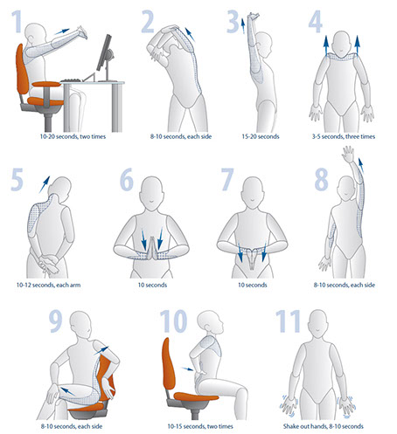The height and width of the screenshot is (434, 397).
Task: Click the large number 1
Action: [x=17, y=21]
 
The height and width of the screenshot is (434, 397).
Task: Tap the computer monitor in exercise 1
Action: [x=104, y=53]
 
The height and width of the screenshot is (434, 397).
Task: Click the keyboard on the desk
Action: [x=72, y=79]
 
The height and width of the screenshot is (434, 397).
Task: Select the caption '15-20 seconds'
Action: [x=261, y=136]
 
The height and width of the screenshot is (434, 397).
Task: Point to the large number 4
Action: [x=316, y=21]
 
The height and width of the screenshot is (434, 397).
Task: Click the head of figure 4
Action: [x=341, y=44]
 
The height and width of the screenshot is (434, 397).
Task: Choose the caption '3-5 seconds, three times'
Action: [x=344, y=136]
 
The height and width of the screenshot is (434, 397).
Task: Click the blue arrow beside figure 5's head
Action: [x=45, y=184]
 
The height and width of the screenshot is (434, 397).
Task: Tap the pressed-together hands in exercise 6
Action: [x=152, y=248]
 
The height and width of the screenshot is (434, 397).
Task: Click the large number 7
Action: [x=227, y=179]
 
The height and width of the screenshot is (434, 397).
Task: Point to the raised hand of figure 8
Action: [x=348, y=154]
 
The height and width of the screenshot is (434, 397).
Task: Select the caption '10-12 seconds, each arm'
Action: [x=48, y=285]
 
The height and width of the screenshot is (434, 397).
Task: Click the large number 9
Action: [x=55, y=321]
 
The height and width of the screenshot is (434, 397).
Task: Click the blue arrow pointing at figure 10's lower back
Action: [x=187, y=369]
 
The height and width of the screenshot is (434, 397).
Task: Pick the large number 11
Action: [x=288, y=321]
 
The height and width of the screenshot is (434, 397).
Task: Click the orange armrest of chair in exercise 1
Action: [x=46, y=84]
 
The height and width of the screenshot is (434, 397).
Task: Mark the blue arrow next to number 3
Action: [x=243, y=26]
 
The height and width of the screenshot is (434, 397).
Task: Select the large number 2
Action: [x=148, y=21]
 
